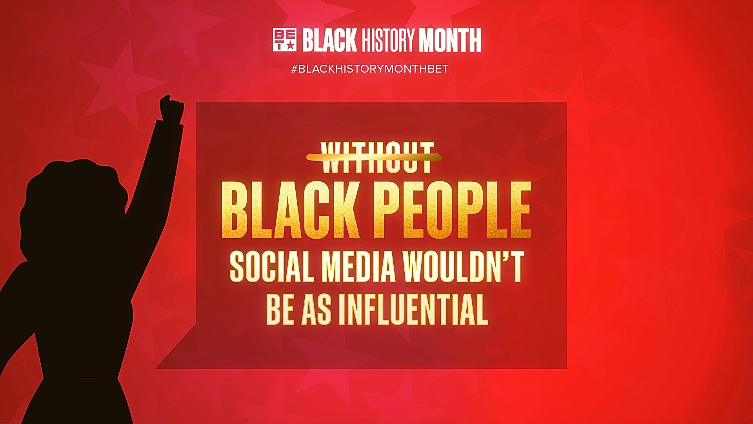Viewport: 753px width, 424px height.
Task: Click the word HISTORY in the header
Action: point(388,40)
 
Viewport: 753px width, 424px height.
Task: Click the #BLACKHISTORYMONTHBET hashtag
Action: point(369,69)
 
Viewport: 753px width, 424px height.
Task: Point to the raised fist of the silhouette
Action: point(172,106)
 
